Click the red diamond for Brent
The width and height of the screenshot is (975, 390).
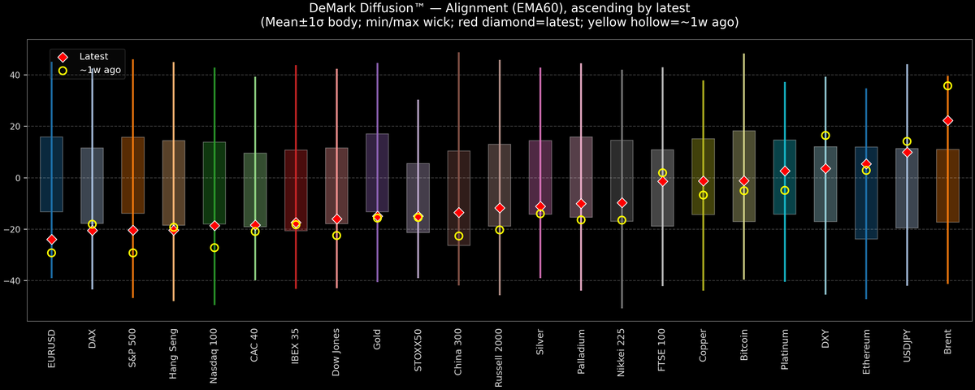[x=947, y=120]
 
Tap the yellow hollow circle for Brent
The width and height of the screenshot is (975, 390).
[x=947, y=86]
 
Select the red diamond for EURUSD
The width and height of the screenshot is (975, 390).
[x=52, y=240]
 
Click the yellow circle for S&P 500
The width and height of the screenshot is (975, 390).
[x=133, y=253]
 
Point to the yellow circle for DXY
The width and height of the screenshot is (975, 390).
[x=825, y=136]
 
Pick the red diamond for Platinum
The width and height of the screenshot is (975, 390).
[x=785, y=171]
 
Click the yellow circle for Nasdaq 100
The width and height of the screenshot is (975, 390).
[x=214, y=248]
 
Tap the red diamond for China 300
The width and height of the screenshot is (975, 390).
[x=459, y=213]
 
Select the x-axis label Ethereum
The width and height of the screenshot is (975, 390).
[x=866, y=349]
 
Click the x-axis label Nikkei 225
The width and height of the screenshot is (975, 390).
[x=622, y=351]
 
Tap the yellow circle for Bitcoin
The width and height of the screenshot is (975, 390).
[x=744, y=191]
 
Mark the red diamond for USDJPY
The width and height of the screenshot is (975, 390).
[x=907, y=152]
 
